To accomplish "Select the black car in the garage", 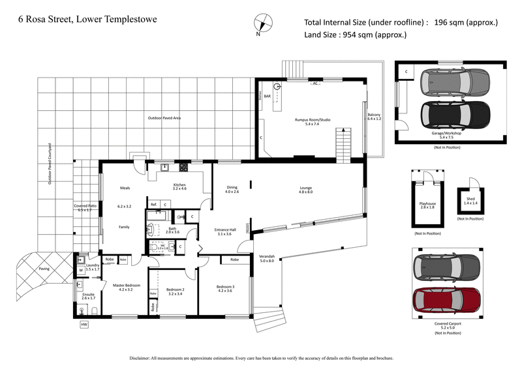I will tap(455, 113).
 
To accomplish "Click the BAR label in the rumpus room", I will tap(267, 96).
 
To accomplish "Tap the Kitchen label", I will tap(179, 185).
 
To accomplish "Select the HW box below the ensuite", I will tap(84, 324).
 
